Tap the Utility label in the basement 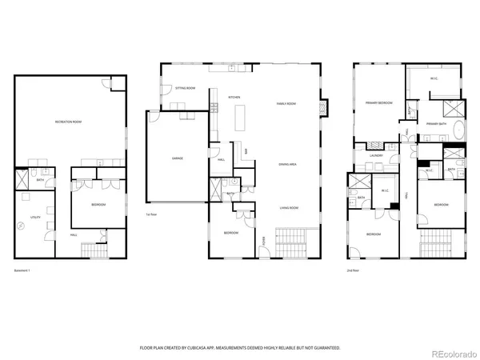(36, 216)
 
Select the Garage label (177, 158)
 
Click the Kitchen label (234, 98)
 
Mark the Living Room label (288, 207)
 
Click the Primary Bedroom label (378, 103)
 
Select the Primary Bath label (437, 124)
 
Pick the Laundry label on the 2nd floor (376, 156)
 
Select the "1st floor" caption (151, 215)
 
